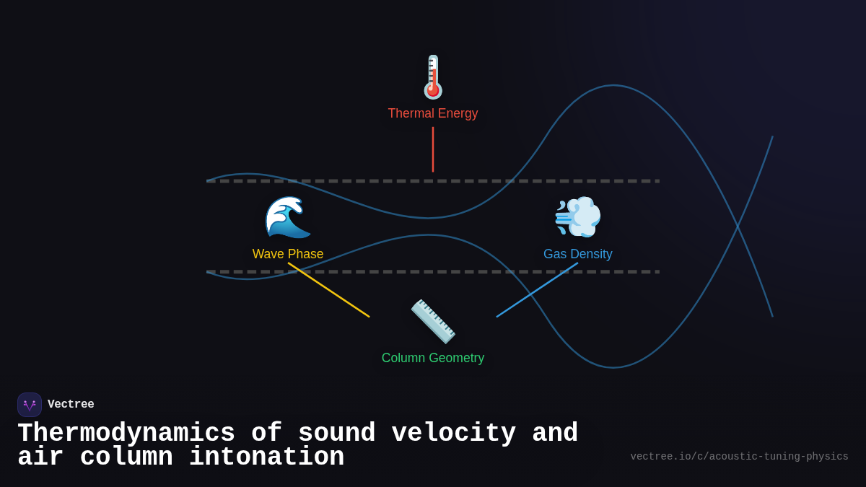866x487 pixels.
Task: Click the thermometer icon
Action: coord(433,76)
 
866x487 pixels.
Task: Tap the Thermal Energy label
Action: coord(433,113)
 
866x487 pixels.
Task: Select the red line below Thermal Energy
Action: coord(433,149)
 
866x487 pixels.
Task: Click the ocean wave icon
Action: coord(288,216)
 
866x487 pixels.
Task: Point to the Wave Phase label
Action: coord(288,254)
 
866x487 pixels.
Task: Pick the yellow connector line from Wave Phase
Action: coord(328,289)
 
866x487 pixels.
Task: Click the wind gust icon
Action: coord(577,216)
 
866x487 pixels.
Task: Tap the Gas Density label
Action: coord(577,254)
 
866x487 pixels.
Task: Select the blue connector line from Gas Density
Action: coord(537,289)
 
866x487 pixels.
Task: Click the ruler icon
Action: coord(433,321)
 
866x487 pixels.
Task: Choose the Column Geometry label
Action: coord(433,358)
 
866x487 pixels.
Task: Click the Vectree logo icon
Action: coord(30,405)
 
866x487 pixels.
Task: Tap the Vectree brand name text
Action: coord(71,405)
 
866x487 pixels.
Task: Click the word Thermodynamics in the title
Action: coord(126,434)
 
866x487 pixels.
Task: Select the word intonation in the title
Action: coord(266,457)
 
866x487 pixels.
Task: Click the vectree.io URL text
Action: coord(739,457)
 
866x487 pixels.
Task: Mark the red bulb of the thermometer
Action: coord(433,90)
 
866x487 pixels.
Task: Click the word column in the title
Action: coord(126,457)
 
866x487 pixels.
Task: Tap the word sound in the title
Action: coord(336,434)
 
